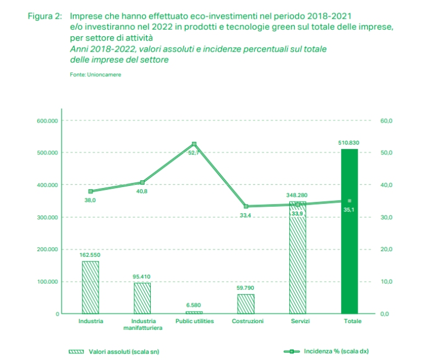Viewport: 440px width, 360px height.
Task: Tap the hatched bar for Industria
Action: [x=90, y=287]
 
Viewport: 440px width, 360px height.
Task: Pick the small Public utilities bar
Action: [x=194, y=312]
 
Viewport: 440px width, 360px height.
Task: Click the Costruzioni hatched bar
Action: [x=246, y=304]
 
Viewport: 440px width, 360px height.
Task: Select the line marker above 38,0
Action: [x=91, y=191]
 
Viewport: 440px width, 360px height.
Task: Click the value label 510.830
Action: [x=349, y=142]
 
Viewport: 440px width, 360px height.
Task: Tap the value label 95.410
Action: [x=142, y=276]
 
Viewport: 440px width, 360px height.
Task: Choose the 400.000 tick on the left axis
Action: [x=48, y=185]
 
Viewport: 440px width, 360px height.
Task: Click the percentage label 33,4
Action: [x=245, y=215]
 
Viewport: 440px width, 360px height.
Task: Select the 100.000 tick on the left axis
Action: [x=48, y=282]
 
